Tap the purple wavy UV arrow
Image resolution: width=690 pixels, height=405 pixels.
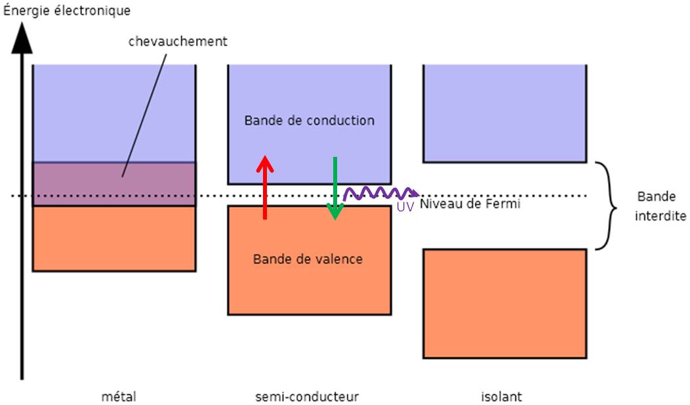[381, 193]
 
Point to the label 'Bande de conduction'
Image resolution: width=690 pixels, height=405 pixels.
[309, 121]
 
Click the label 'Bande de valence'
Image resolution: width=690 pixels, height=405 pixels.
[308, 259]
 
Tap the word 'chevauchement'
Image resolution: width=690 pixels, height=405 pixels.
[178, 41]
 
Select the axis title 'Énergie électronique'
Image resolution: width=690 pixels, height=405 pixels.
[67, 11]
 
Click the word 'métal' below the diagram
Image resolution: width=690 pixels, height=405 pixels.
[119, 396]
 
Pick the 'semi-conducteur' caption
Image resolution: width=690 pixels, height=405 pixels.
[308, 396]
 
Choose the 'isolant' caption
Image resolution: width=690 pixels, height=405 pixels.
[501, 396]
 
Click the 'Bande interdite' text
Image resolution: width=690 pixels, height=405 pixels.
[660, 206]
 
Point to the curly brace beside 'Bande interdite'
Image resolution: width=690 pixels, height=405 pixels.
[609, 206]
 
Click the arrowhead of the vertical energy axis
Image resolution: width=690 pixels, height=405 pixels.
[22, 40]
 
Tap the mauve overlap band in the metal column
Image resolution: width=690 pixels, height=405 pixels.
[114, 184]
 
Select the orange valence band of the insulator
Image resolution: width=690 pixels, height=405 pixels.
[504, 303]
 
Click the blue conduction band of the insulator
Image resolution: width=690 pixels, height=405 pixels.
[504, 113]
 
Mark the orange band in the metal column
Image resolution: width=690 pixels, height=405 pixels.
[114, 238]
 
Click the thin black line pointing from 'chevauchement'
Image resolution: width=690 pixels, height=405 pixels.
[144, 112]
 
